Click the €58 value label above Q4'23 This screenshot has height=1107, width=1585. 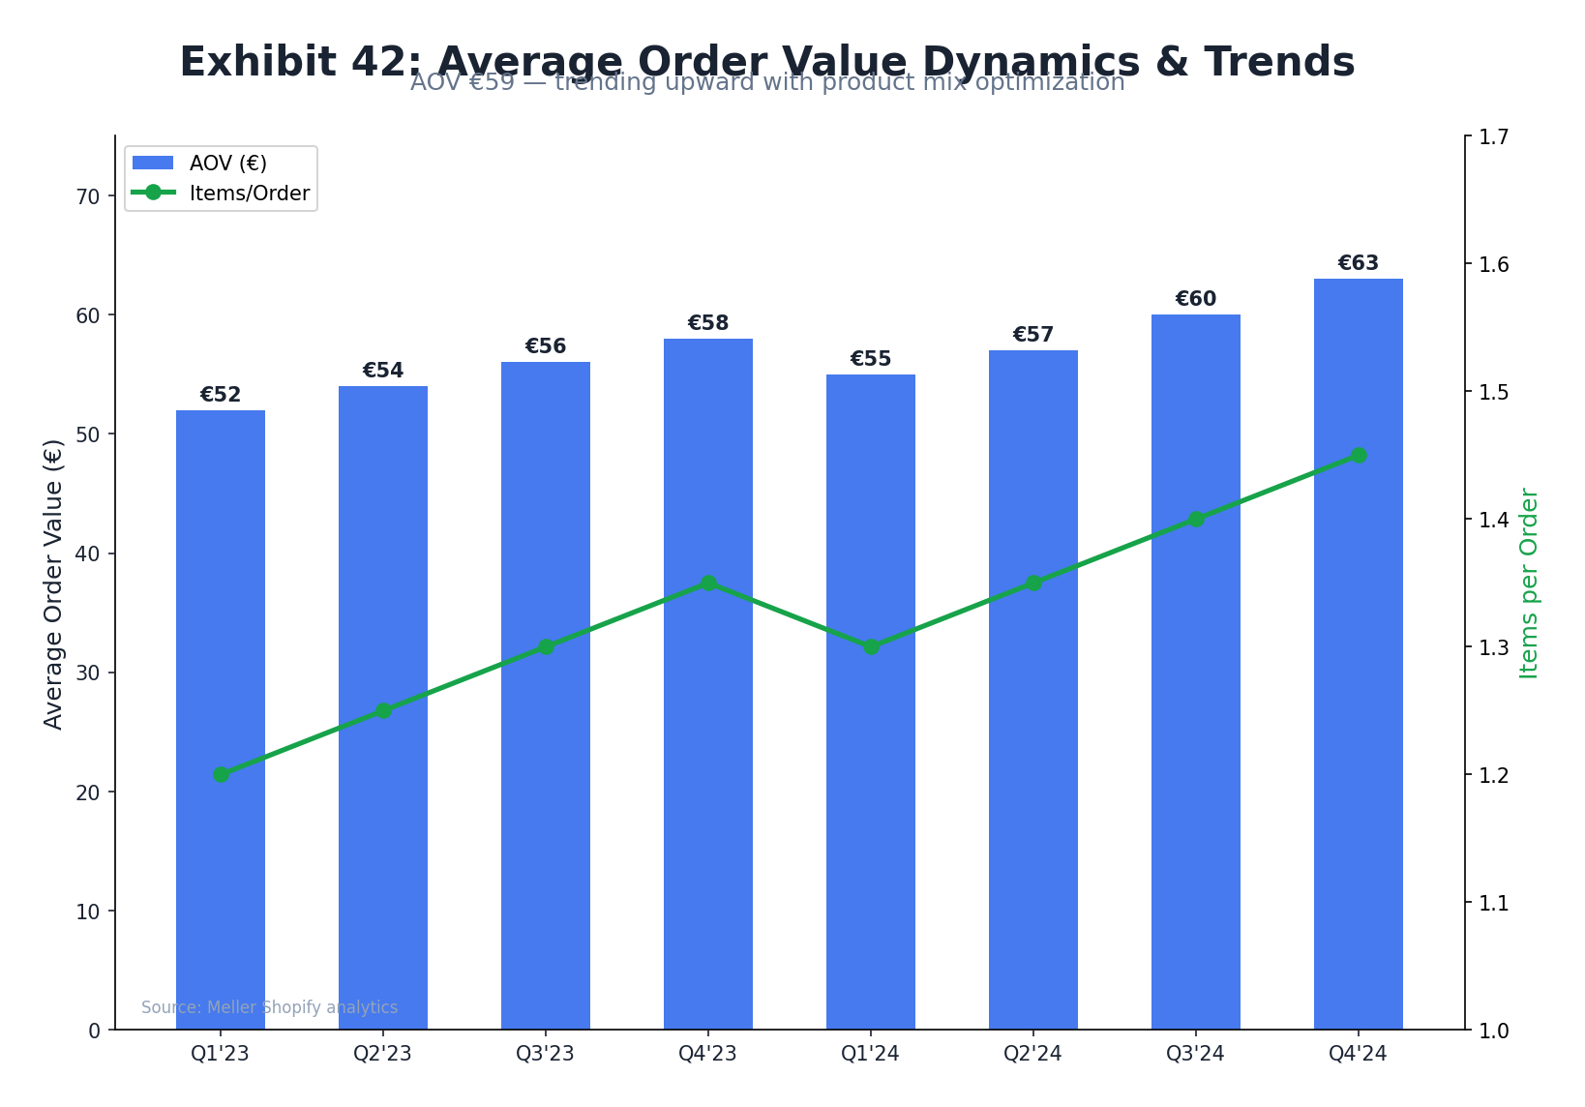[x=707, y=323]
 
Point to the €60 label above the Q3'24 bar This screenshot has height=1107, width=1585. [x=1195, y=299]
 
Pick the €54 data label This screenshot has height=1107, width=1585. [x=382, y=371]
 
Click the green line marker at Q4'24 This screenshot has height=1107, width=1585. [x=1358, y=456]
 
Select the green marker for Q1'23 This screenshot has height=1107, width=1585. [x=221, y=774]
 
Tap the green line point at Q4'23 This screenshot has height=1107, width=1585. [x=707, y=583]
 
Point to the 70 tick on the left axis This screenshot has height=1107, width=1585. [x=88, y=196]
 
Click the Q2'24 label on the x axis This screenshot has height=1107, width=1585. [x=1032, y=1054]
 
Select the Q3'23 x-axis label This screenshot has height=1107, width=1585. [x=545, y=1054]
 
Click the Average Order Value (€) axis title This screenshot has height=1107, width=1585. [x=54, y=583]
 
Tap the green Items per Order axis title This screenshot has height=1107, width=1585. [x=1529, y=583]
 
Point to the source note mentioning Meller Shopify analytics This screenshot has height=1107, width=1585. [x=269, y=1007]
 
